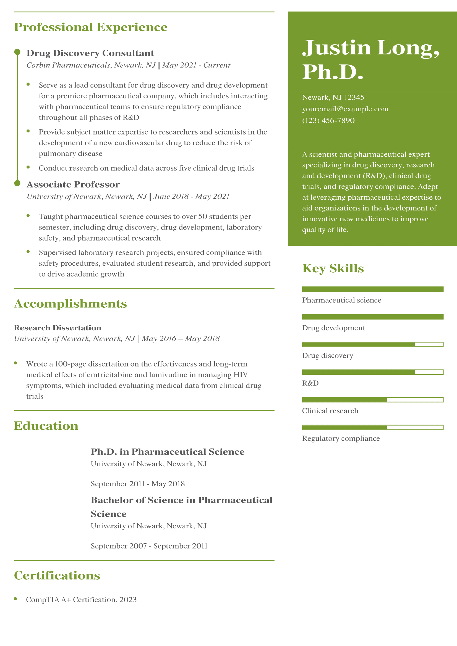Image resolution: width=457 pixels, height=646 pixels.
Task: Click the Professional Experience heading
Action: pyautogui.click(x=90, y=27)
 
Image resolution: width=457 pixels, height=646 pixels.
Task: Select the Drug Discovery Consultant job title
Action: pyautogui.click(x=90, y=53)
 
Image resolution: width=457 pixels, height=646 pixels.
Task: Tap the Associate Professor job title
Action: pyautogui.click(x=73, y=184)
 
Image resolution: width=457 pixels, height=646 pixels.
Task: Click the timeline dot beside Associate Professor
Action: pyautogui.click(x=17, y=183)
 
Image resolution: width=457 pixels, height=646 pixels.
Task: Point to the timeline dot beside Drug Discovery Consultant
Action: pyautogui.click(x=17, y=52)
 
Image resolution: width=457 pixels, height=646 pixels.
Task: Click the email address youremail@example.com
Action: pyautogui.click(x=345, y=109)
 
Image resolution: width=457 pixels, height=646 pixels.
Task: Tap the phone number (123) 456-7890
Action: pyautogui.click(x=328, y=120)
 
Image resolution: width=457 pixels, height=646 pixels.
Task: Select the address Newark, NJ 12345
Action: pyautogui.click(x=333, y=97)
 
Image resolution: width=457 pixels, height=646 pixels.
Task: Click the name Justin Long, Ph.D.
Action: pyautogui.click(x=370, y=59)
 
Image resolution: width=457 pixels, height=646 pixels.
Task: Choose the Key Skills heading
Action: pyautogui.click(x=333, y=268)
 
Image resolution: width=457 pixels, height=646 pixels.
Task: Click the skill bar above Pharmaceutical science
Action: pyautogui.click(x=372, y=289)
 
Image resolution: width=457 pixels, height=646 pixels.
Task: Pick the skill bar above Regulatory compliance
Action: pyautogui.click(x=372, y=427)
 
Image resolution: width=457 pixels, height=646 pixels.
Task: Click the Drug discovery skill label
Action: pyautogui.click(x=327, y=356)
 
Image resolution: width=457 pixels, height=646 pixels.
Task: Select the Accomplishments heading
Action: pyautogui.click(x=70, y=304)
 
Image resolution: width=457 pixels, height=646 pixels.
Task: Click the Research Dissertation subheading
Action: pyautogui.click(x=58, y=328)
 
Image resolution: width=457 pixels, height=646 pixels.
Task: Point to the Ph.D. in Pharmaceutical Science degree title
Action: pyautogui.click(x=167, y=452)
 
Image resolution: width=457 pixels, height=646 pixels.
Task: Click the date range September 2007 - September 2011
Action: pyautogui.click(x=149, y=546)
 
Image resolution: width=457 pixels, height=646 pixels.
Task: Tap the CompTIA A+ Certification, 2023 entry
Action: pyautogui.click(x=81, y=600)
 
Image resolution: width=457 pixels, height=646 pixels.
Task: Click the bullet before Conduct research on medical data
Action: pyautogui.click(x=28, y=167)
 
